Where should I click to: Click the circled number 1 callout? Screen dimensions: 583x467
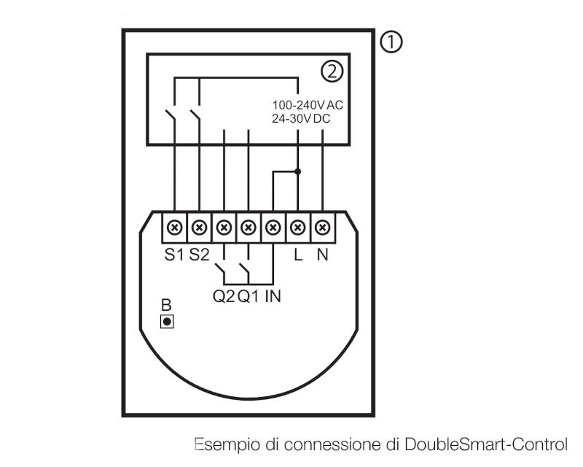click(x=391, y=42)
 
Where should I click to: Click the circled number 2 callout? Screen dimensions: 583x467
click(x=332, y=72)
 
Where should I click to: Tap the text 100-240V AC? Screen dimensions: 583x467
click(x=308, y=105)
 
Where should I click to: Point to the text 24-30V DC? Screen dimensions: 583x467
click(x=301, y=119)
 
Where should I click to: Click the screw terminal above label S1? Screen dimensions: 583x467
click(x=175, y=227)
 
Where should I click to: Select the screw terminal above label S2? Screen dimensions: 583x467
click(x=199, y=227)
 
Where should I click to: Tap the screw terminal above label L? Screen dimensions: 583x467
click(x=298, y=227)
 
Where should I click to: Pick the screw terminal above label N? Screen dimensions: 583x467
click(x=322, y=227)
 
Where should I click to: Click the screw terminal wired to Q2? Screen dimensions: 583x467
click(x=224, y=227)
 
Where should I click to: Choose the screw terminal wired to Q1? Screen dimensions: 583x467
click(x=249, y=227)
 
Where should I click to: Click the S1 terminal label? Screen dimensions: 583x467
click(x=174, y=255)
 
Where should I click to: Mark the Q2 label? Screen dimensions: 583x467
click(x=224, y=297)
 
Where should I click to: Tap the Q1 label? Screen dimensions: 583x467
click(x=249, y=297)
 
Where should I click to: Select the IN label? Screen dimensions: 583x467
click(x=273, y=297)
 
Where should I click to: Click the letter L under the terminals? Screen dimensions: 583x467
click(x=298, y=255)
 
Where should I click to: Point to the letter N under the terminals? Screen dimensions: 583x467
click(x=323, y=255)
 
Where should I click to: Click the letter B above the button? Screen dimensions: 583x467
click(x=166, y=306)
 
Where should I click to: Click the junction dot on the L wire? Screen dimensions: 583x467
click(x=297, y=171)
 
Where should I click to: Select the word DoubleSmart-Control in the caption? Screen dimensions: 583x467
click(x=486, y=444)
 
